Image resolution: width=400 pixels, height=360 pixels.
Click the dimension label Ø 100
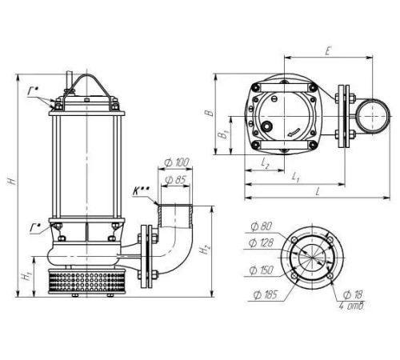177,162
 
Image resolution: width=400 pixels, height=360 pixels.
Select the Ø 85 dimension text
175,180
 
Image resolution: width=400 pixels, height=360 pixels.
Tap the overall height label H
12,182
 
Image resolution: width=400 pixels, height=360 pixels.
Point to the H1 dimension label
26,276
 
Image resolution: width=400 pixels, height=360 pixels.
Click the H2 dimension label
205,250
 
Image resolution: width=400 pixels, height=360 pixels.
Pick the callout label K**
142,190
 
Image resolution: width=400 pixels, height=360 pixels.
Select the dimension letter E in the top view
328,51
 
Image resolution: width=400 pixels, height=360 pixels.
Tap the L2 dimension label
265,162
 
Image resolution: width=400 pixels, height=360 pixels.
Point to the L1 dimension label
295,177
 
